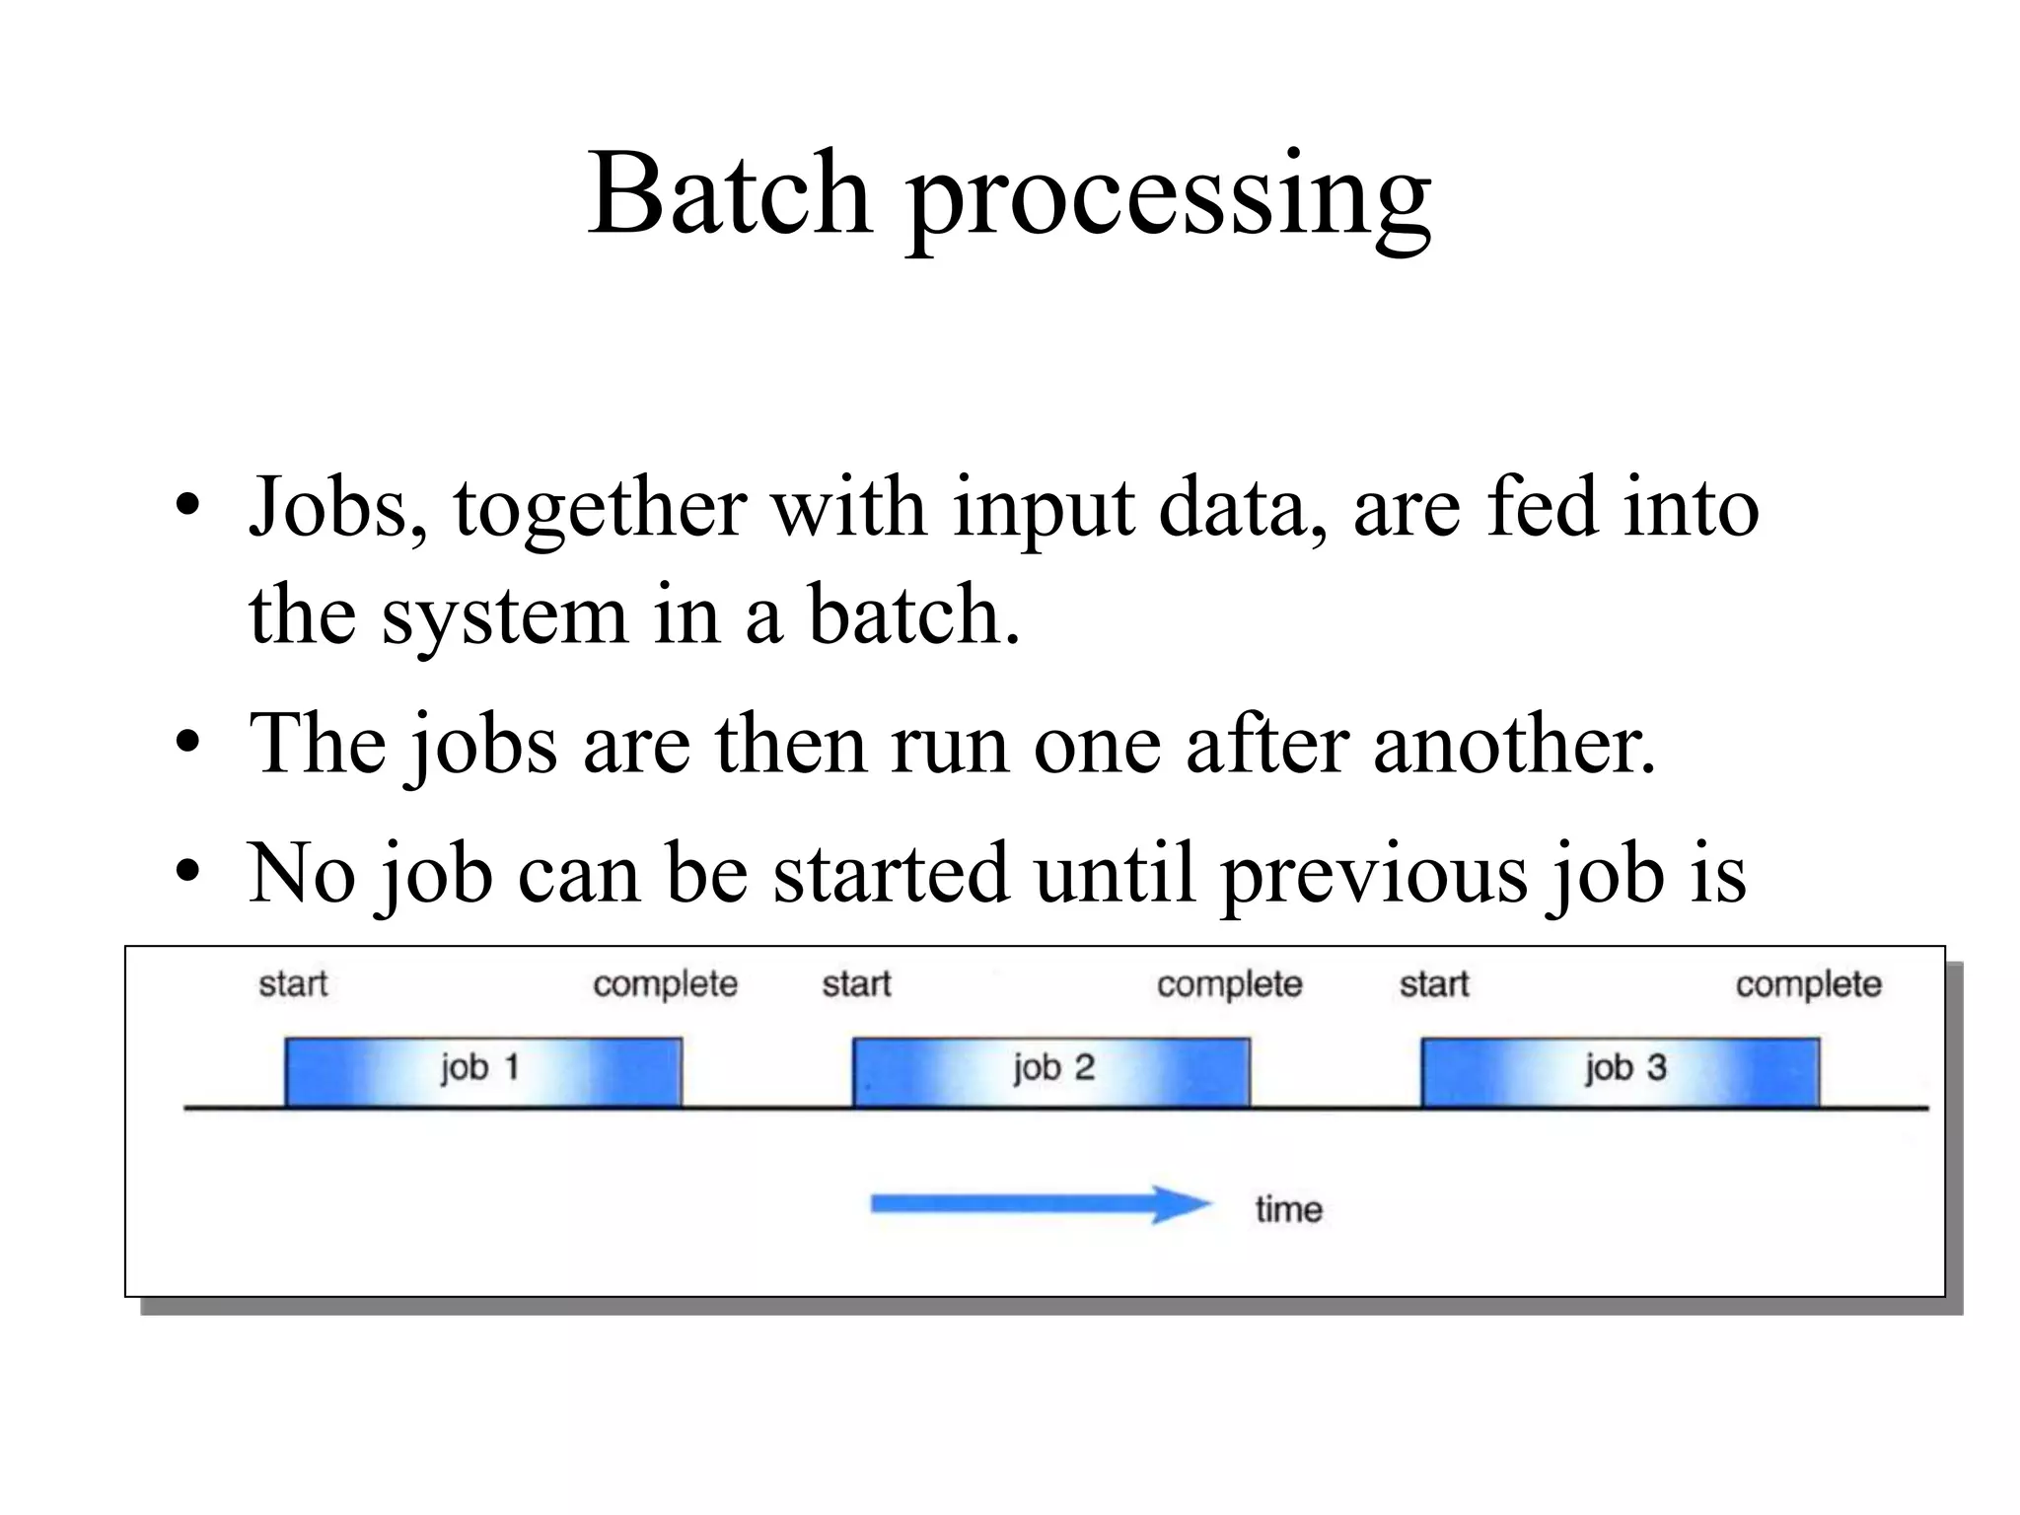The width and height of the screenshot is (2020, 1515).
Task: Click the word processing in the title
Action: [x=1169, y=197]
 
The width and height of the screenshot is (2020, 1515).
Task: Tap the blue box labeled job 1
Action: [x=482, y=1072]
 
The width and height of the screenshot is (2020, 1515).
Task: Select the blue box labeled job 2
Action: [x=1051, y=1072]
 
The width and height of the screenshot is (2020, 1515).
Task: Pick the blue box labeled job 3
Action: [x=1621, y=1072]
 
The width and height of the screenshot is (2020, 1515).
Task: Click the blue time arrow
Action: [x=1041, y=1204]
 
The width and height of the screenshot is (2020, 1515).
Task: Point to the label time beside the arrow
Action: [x=1288, y=1209]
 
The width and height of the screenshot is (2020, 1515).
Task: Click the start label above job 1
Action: [x=293, y=984]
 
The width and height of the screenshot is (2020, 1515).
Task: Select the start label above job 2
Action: [x=856, y=984]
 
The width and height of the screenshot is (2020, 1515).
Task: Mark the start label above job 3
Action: [x=1434, y=984]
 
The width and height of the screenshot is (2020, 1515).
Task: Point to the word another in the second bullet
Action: [x=1514, y=745]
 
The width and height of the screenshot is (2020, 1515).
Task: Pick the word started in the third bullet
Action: [x=892, y=874]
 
